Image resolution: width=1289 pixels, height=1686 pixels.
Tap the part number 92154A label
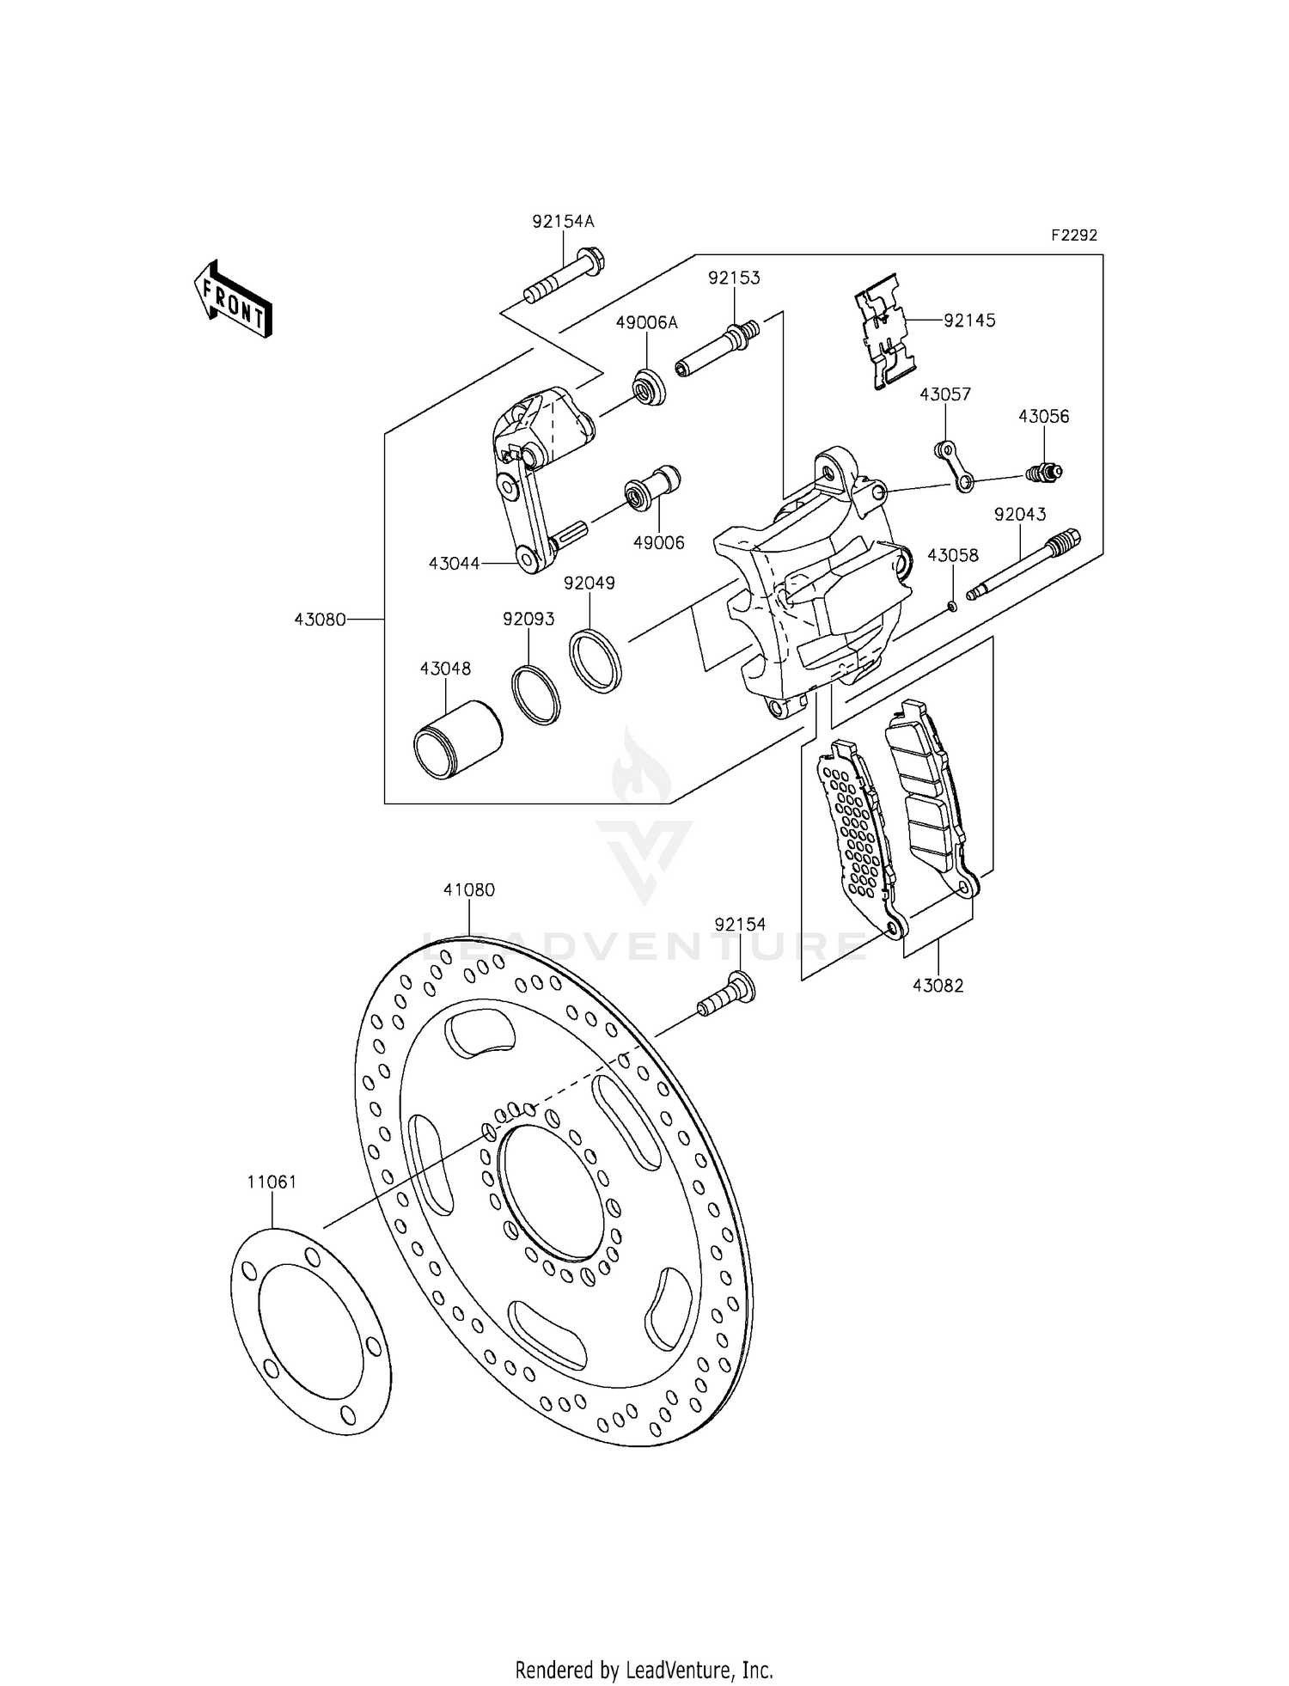coord(563,222)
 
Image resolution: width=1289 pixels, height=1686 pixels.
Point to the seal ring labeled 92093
coord(535,693)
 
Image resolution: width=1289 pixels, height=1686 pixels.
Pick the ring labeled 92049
coord(596,660)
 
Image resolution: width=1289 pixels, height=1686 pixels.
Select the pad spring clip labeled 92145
coord(885,333)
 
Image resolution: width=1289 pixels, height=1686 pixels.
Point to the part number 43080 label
coord(320,619)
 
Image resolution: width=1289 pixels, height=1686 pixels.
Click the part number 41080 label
coord(469,890)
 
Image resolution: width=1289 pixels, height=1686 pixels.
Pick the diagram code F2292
coord(1072,235)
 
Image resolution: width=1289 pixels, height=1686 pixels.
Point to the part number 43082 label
coord(938,986)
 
